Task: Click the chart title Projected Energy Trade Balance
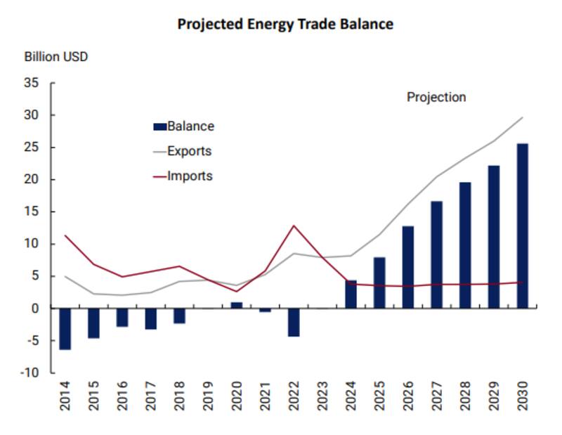[x=285, y=25]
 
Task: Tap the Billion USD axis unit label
[x=56, y=57]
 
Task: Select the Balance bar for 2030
[x=523, y=226]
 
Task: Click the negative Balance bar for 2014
[x=65, y=329]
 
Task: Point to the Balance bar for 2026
[x=407, y=267]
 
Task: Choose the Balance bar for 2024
[x=351, y=294]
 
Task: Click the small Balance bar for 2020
[x=237, y=305]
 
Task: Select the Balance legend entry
[x=184, y=126]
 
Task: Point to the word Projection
[x=436, y=98]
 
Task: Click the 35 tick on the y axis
[x=32, y=83]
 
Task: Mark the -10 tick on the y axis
[x=30, y=372]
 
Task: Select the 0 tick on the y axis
[x=35, y=309]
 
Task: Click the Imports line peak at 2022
[x=293, y=226]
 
